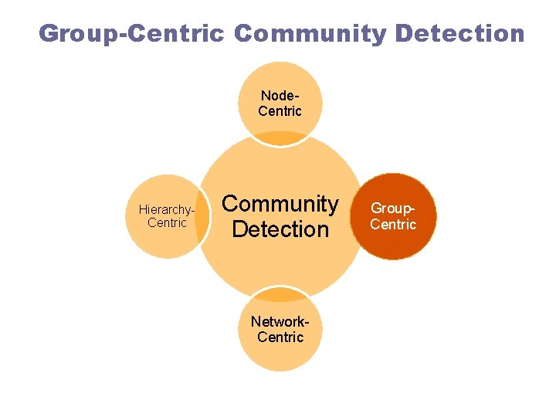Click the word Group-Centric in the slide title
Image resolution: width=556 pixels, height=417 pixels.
131,33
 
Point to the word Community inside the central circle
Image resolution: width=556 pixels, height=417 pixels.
280,204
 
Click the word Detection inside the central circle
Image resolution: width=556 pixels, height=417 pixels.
280,229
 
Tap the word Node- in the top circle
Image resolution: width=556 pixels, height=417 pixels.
280,96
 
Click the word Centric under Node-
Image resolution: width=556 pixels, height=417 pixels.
280,111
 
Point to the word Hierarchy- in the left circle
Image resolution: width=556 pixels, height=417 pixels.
166,209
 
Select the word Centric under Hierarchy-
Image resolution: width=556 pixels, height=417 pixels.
167,223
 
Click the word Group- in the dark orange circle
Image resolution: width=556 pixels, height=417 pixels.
393,209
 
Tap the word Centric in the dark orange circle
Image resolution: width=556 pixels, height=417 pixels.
393,225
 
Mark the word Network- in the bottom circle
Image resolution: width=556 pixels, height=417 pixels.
280,322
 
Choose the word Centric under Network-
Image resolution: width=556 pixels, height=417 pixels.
280,337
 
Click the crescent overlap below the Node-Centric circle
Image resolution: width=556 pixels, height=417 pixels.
280,140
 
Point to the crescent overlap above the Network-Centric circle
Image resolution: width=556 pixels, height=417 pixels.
280,294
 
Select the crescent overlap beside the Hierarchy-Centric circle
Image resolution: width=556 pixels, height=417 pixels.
203,217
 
